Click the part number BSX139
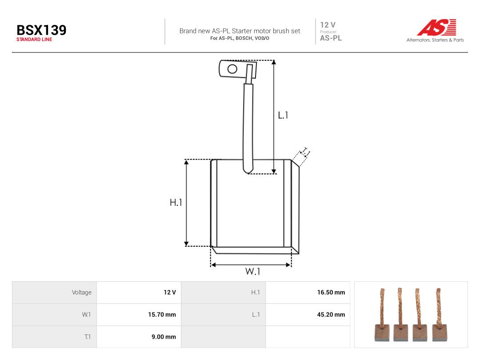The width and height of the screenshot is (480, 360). pyautogui.click(x=41, y=30)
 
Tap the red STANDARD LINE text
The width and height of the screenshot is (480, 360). pyautogui.click(x=34, y=40)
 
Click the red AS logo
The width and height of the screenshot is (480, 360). pyautogui.click(x=436, y=28)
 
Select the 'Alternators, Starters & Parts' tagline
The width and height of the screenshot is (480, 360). pyautogui.click(x=435, y=40)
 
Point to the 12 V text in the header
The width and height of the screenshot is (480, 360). pyautogui.click(x=328, y=25)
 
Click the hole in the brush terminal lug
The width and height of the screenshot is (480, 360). pyautogui.click(x=232, y=68)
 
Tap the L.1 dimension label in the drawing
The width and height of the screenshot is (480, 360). pyautogui.click(x=283, y=115)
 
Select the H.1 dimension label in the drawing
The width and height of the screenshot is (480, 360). pyautogui.click(x=176, y=202)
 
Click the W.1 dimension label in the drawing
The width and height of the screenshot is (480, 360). pyautogui.click(x=252, y=271)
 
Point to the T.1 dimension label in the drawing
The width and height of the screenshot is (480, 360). pyautogui.click(x=305, y=152)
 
